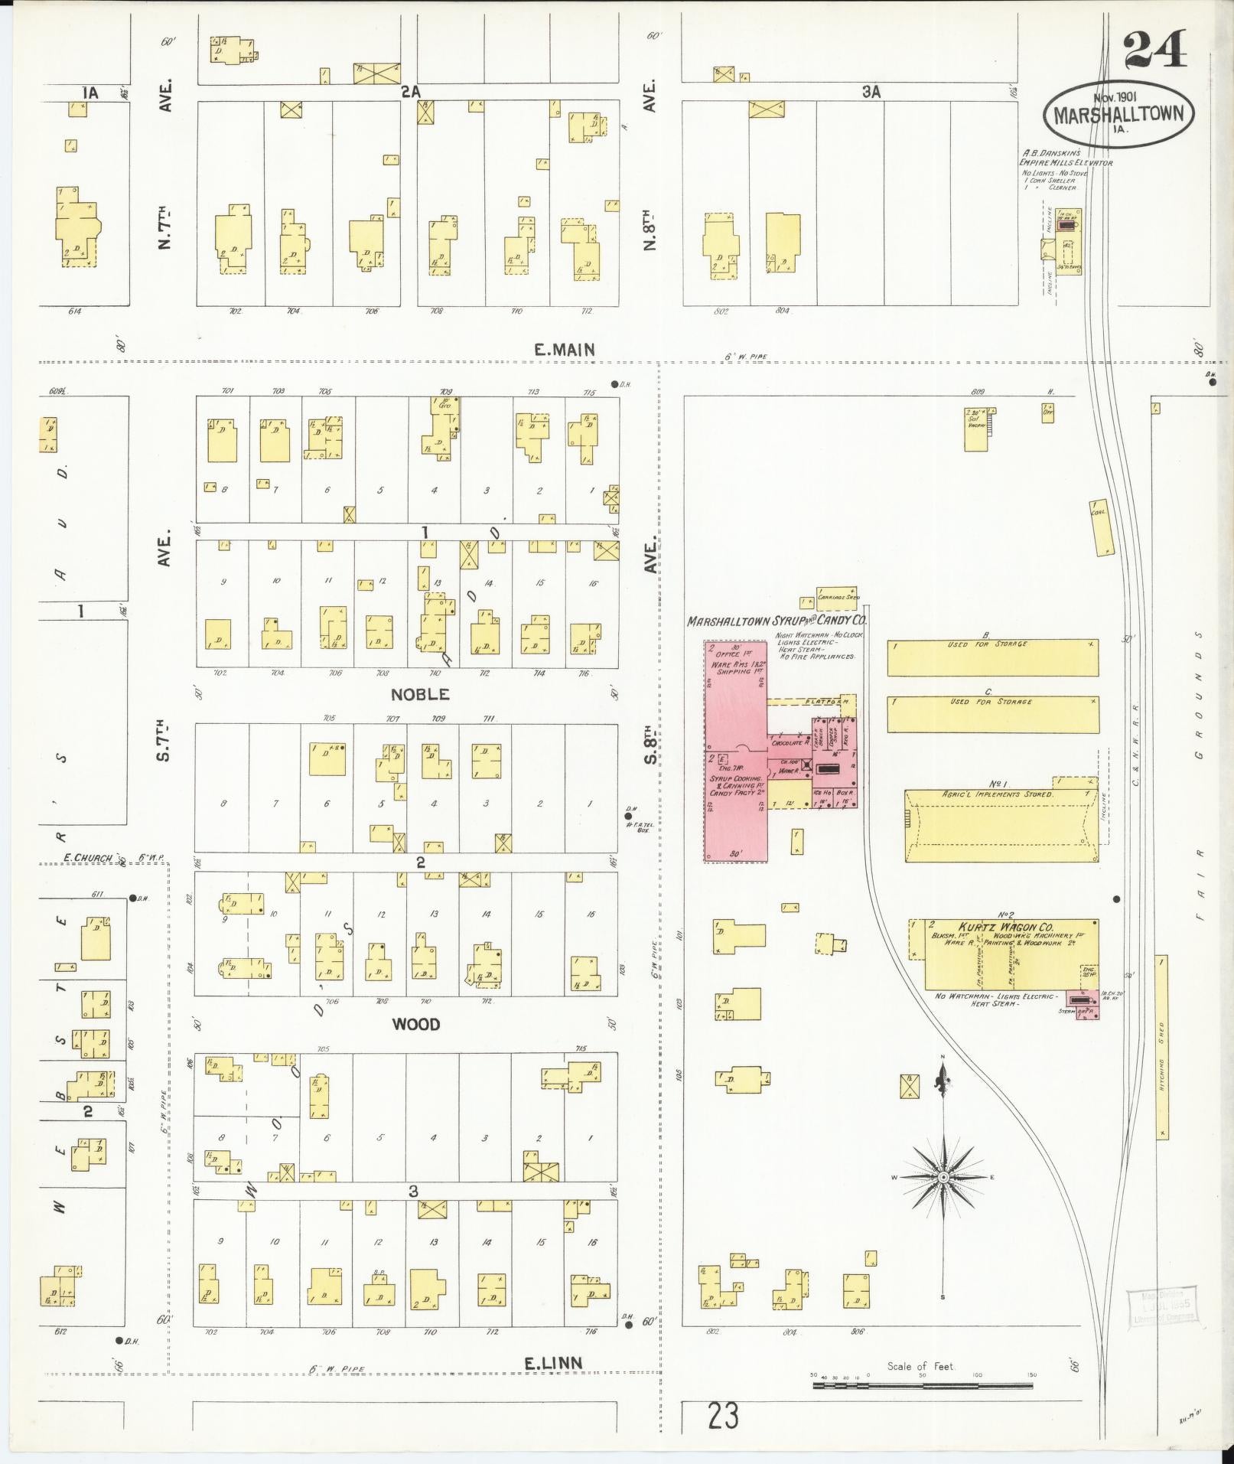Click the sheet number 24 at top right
point(1155,49)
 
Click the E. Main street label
point(565,350)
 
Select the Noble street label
point(420,694)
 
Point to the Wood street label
point(416,1024)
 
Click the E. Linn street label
point(553,1362)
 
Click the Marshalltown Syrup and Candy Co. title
point(777,622)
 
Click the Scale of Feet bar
point(923,1384)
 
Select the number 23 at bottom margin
point(723,1417)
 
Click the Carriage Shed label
point(838,597)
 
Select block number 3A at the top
point(871,92)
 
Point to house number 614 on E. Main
point(74,311)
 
